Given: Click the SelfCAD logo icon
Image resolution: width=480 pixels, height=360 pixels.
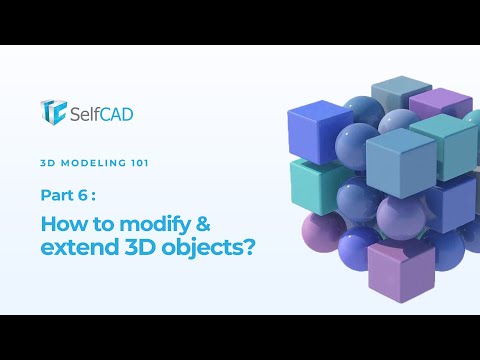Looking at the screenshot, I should tap(53, 111).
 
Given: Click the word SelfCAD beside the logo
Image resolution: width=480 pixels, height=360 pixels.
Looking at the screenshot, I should tap(100, 113).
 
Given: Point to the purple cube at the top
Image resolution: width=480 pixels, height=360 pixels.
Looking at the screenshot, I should tap(440, 103).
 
